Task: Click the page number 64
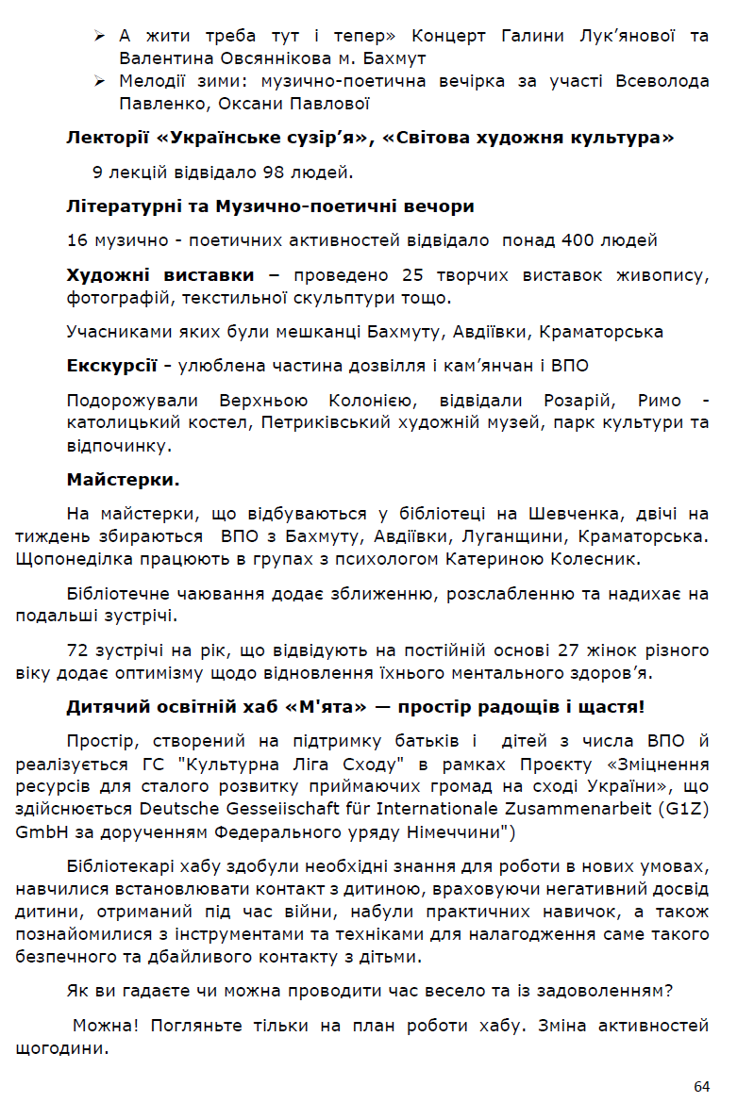click(x=701, y=1086)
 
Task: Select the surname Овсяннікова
click(x=271, y=58)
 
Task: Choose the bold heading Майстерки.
click(x=123, y=480)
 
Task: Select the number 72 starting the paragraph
click(x=77, y=650)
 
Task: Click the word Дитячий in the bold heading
click(x=102, y=707)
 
